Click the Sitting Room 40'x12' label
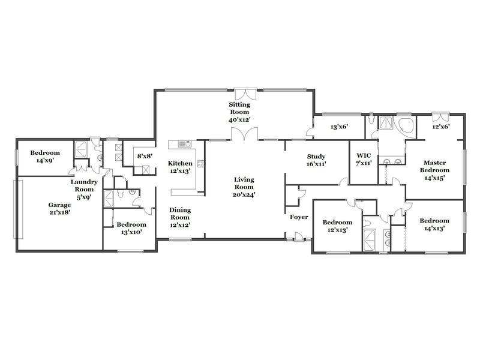(x=239, y=112)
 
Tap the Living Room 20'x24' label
(x=244, y=187)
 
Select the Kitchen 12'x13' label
(x=181, y=167)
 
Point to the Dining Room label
(x=180, y=214)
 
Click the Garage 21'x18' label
(x=59, y=208)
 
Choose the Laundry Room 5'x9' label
(x=84, y=190)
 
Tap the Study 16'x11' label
(x=316, y=160)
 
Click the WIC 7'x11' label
(x=364, y=159)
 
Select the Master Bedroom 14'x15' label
(x=434, y=170)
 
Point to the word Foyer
(x=299, y=217)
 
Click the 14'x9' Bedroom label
(x=45, y=156)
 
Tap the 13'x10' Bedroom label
(x=131, y=229)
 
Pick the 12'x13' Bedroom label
(x=337, y=226)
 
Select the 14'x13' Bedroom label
(x=434, y=224)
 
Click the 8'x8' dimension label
(x=145, y=157)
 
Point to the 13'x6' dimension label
(x=339, y=127)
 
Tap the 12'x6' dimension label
(x=441, y=126)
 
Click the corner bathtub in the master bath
(x=404, y=126)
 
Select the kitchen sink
(x=185, y=144)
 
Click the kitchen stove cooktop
(x=201, y=164)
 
